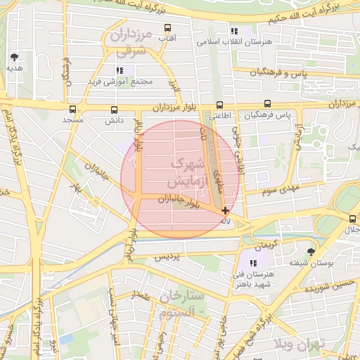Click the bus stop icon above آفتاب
click(x=167, y=28)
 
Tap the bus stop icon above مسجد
click(x=73, y=109)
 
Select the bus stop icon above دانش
click(x=114, y=110)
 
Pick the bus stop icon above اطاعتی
click(x=220, y=105)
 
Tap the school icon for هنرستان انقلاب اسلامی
click(x=234, y=31)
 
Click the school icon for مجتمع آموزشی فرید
click(x=120, y=70)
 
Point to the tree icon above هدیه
click(x=14, y=57)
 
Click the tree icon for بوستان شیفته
click(x=311, y=251)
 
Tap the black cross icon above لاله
click(x=225, y=210)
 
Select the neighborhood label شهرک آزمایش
click(x=187, y=172)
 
